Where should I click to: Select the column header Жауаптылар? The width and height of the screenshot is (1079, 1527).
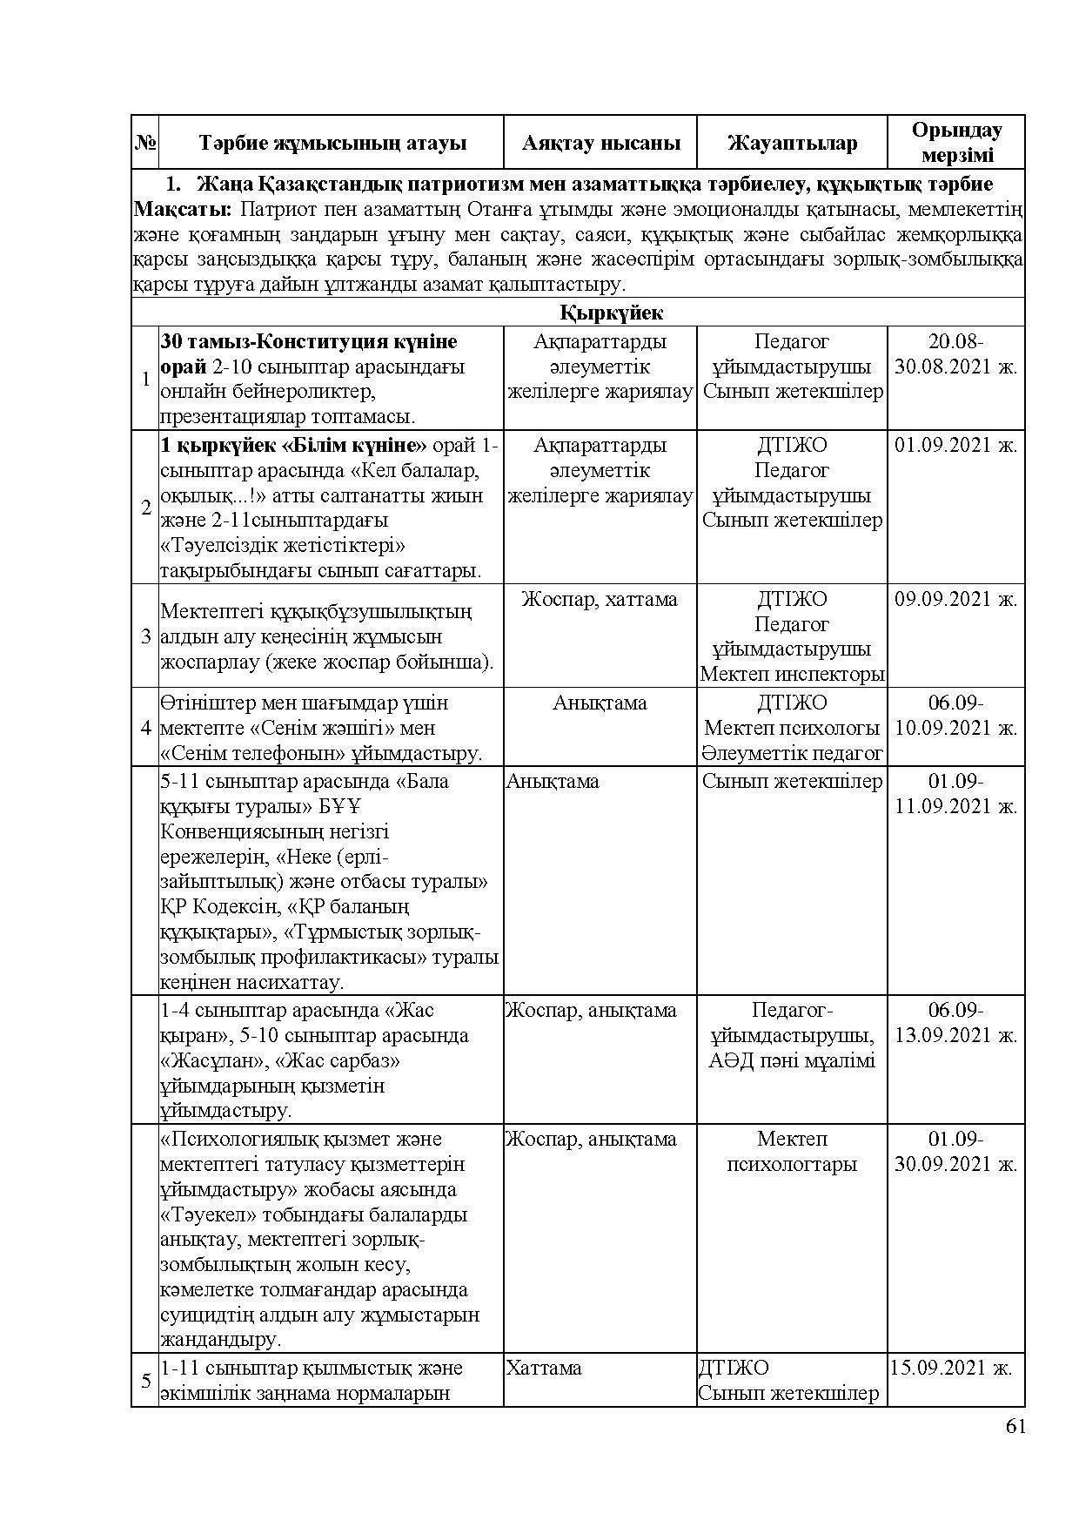(x=792, y=144)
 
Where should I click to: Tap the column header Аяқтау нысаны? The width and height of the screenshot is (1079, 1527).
(x=600, y=144)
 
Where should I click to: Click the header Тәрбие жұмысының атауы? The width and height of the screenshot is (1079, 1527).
(x=332, y=144)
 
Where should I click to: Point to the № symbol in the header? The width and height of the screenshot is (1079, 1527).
(x=145, y=144)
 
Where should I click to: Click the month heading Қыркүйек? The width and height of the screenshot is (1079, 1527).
(x=612, y=313)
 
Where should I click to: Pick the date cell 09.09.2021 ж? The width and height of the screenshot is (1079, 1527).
(x=955, y=599)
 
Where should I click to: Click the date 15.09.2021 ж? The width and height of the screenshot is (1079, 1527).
(x=950, y=1368)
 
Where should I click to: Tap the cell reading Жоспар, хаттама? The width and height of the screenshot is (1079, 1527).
(x=600, y=599)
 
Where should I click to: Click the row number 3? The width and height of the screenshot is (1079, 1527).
(x=145, y=636)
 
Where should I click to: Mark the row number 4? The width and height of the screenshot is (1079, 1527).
(x=145, y=728)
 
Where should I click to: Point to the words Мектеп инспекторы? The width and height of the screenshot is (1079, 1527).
(x=793, y=675)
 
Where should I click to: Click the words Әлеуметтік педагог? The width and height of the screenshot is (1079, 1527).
(x=793, y=753)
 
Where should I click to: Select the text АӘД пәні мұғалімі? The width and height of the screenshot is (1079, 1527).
(x=792, y=1060)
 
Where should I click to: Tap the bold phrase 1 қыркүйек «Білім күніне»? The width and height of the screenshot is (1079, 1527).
(x=294, y=446)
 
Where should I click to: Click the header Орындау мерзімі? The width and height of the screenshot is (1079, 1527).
(x=956, y=143)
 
